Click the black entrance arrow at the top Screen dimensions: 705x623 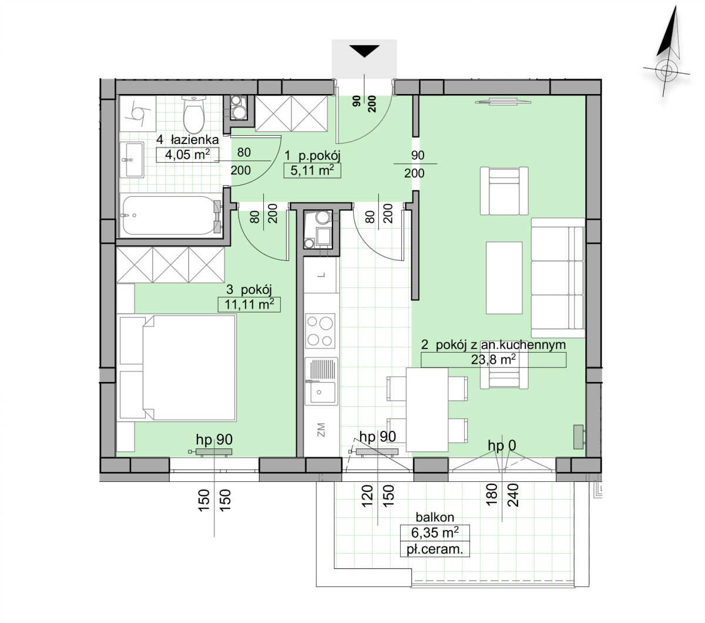click(x=365, y=51)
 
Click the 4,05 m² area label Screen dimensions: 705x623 click(x=187, y=155)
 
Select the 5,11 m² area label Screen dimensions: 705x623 click(x=312, y=170)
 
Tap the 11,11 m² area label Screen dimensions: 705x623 click(x=249, y=304)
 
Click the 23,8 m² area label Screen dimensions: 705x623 click(x=493, y=360)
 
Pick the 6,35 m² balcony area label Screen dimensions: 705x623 click(x=435, y=532)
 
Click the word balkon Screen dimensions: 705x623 click(x=435, y=517)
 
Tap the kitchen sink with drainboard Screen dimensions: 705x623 click(x=321, y=381)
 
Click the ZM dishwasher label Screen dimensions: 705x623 click(x=321, y=430)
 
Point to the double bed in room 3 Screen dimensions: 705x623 click(x=177, y=368)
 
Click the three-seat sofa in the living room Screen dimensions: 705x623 click(x=558, y=278)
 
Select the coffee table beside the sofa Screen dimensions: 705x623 click(x=504, y=278)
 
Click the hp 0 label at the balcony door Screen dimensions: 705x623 click(x=502, y=446)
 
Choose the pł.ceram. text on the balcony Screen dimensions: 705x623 click(x=435, y=549)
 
